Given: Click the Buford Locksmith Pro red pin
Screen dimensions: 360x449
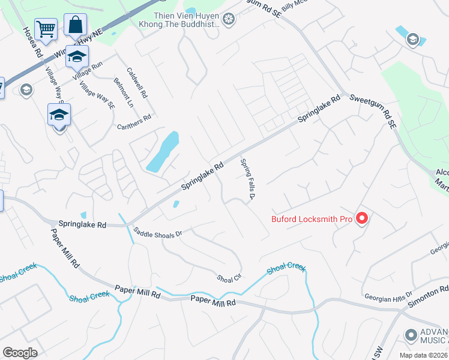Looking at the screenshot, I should coord(361,219).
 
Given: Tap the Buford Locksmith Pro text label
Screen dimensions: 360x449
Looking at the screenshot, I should coord(312,219).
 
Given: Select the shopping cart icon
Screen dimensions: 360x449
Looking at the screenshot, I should coord(46,28).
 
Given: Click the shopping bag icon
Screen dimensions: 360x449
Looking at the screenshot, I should coord(75,25).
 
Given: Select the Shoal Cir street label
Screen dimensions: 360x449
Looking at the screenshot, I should coord(228,278).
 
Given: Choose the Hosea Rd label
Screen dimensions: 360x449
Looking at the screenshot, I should coord(33,41).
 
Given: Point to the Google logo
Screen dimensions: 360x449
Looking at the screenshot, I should coord(20,353).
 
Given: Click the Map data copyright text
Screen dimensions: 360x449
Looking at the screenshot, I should coord(423,355).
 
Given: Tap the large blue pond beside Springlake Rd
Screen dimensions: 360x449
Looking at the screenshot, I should coord(163,152).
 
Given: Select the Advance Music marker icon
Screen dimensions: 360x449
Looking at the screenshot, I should coord(411,335).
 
